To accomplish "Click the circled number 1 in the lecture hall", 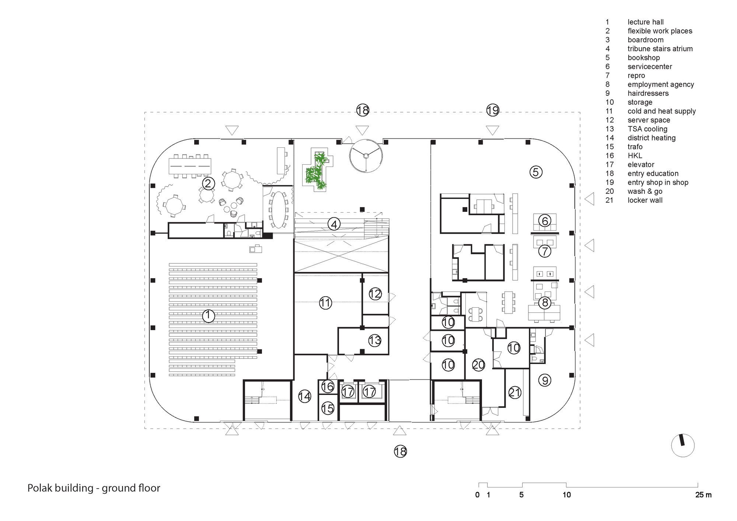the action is (209, 316).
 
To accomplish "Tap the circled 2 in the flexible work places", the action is (208, 183).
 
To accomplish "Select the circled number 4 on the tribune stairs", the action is (334, 224).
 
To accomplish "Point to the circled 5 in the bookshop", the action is (536, 172).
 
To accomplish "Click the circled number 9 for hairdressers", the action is (545, 380).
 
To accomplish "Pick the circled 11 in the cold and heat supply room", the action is (325, 303).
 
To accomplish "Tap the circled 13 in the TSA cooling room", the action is (375, 340).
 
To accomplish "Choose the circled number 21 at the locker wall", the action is (514, 393).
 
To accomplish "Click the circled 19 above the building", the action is (493, 110).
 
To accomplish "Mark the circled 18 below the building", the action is (400, 451).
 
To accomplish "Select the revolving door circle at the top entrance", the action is (366, 139).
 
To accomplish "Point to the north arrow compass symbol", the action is (683, 445).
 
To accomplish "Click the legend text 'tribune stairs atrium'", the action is (660, 49).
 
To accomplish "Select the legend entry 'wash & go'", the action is (645, 191).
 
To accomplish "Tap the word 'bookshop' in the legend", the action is (644, 58).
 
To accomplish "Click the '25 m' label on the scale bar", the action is (703, 495).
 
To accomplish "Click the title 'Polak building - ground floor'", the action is (94, 488).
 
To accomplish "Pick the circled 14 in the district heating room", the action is (305, 396).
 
